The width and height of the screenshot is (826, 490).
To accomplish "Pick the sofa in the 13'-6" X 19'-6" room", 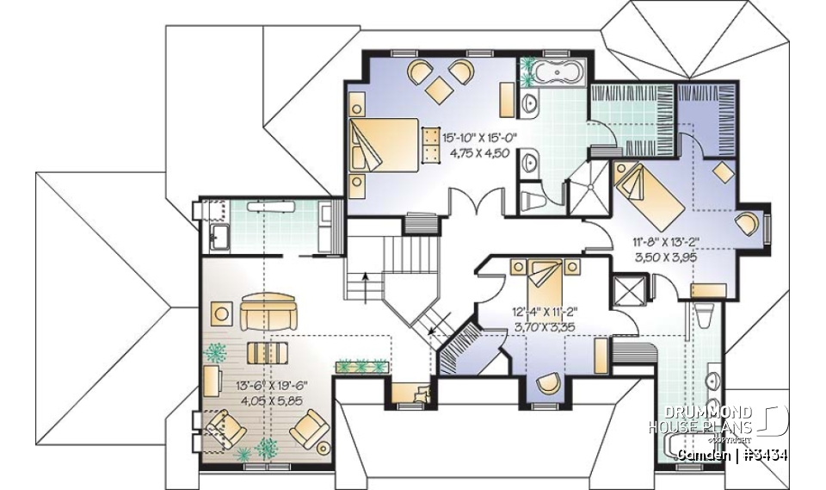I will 268,313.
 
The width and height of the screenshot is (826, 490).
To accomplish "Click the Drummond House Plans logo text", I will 700,421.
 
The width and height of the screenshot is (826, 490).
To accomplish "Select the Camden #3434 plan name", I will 732,454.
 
